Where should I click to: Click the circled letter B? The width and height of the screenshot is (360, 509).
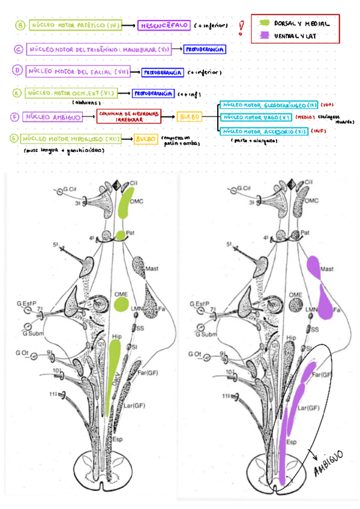[19, 25]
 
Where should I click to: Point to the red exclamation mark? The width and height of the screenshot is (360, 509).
[241, 28]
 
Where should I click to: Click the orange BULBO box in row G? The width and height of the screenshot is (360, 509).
[146, 139]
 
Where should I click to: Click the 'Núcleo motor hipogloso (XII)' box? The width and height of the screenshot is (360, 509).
[76, 139]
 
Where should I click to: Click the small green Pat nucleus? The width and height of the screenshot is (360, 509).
[121, 235]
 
